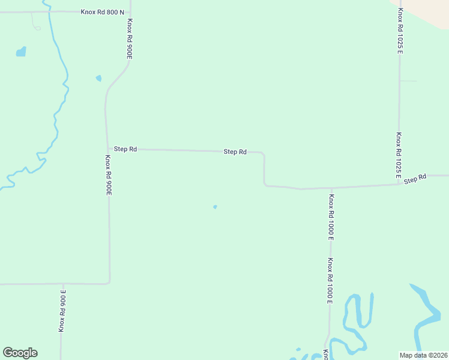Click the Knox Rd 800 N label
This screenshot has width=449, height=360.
click(102, 11)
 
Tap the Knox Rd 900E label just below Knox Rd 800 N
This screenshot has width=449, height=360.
click(129, 38)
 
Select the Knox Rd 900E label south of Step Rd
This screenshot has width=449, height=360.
click(109, 175)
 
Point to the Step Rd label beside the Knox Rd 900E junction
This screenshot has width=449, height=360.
click(125, 149)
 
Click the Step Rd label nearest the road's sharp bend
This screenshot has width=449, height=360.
click(235, 152)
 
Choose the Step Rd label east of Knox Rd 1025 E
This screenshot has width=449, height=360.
click(415, 179)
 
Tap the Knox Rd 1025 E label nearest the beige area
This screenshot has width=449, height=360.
click(400, 31)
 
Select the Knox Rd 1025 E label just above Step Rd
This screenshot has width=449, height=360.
click(398, 155)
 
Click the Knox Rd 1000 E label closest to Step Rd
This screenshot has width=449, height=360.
click(331, 216)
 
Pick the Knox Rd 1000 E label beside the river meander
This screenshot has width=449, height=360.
click(330, 281)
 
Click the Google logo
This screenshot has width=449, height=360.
click(20, 353)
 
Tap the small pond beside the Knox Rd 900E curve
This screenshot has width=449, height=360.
click(98, 78)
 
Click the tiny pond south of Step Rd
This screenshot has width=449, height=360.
click(215, 207)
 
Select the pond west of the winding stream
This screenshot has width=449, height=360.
click(21, 52)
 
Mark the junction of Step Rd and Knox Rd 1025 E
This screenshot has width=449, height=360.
click(399, 184)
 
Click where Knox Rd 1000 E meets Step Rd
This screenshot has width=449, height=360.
click(330, 188)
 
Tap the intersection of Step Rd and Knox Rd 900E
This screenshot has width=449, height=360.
click(107, 149)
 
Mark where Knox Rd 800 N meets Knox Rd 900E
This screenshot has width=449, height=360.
click(130, 11)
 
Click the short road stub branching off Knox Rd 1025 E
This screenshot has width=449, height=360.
click(408, 80)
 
